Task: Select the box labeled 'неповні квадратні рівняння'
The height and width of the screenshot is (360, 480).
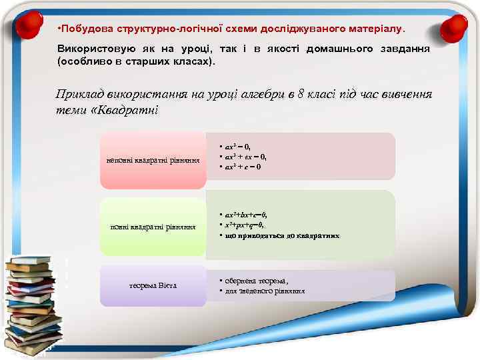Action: [x=153, y=161]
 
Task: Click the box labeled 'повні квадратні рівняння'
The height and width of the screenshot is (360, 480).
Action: [x=153, y=227]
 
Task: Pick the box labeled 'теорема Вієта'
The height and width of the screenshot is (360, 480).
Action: [x=153, y=286]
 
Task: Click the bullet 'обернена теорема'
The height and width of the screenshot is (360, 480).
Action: [x=257, y=281]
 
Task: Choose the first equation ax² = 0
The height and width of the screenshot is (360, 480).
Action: [x=237, y=146]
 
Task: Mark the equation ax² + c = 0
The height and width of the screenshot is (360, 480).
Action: [x=242, y=166]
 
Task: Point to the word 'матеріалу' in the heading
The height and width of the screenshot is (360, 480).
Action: [x=378, y=29]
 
